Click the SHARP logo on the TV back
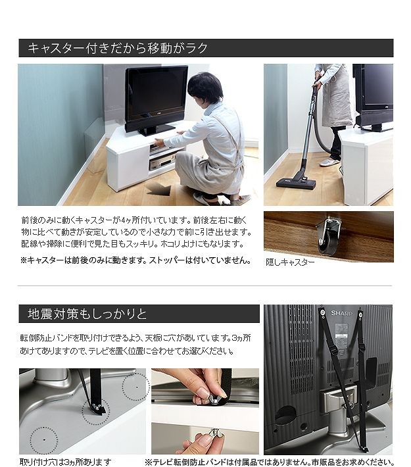click(x=341, y=313)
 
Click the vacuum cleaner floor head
click(x=297, y=183)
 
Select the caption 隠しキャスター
click(x=290, y=262)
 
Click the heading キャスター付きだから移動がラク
click(x=117, y=48)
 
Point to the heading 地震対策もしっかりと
click(x=87, y=314)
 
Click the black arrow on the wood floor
click(x=158, y=189)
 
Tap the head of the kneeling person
click(x=205, y=88)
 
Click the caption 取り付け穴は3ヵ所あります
click(x=66, y=462)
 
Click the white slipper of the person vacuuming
click(x=329, y=162)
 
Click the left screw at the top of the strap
click(x=322, y=312)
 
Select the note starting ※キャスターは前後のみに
click(x=136, y=260)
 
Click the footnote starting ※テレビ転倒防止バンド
click(x=270, y=462)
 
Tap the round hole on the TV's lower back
click(x=285, y=416)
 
